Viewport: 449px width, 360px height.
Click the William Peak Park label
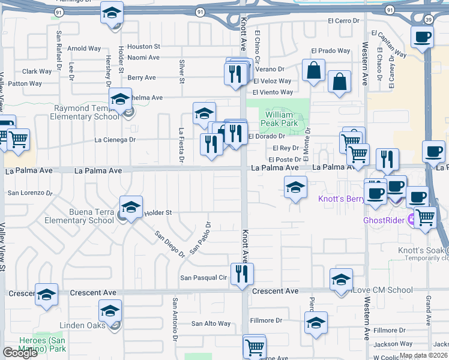click(x=280, y=118)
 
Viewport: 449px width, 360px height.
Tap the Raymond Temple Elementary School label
click(x=85, y=113)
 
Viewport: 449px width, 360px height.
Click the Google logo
click(x=20, y=353)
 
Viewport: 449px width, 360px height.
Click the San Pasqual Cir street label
click(x=204, y=278)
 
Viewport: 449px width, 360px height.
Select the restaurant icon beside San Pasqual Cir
click(x=243, y=274)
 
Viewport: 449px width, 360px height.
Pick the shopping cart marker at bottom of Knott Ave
click(x=255, y=346)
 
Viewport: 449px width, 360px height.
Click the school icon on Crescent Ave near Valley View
click(x=46, y=295)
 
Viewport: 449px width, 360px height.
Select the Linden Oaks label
click(x=82, y=326)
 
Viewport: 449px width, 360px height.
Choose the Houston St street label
click(x=143, y=46)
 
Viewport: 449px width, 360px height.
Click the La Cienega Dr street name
click(x=115, y=140)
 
